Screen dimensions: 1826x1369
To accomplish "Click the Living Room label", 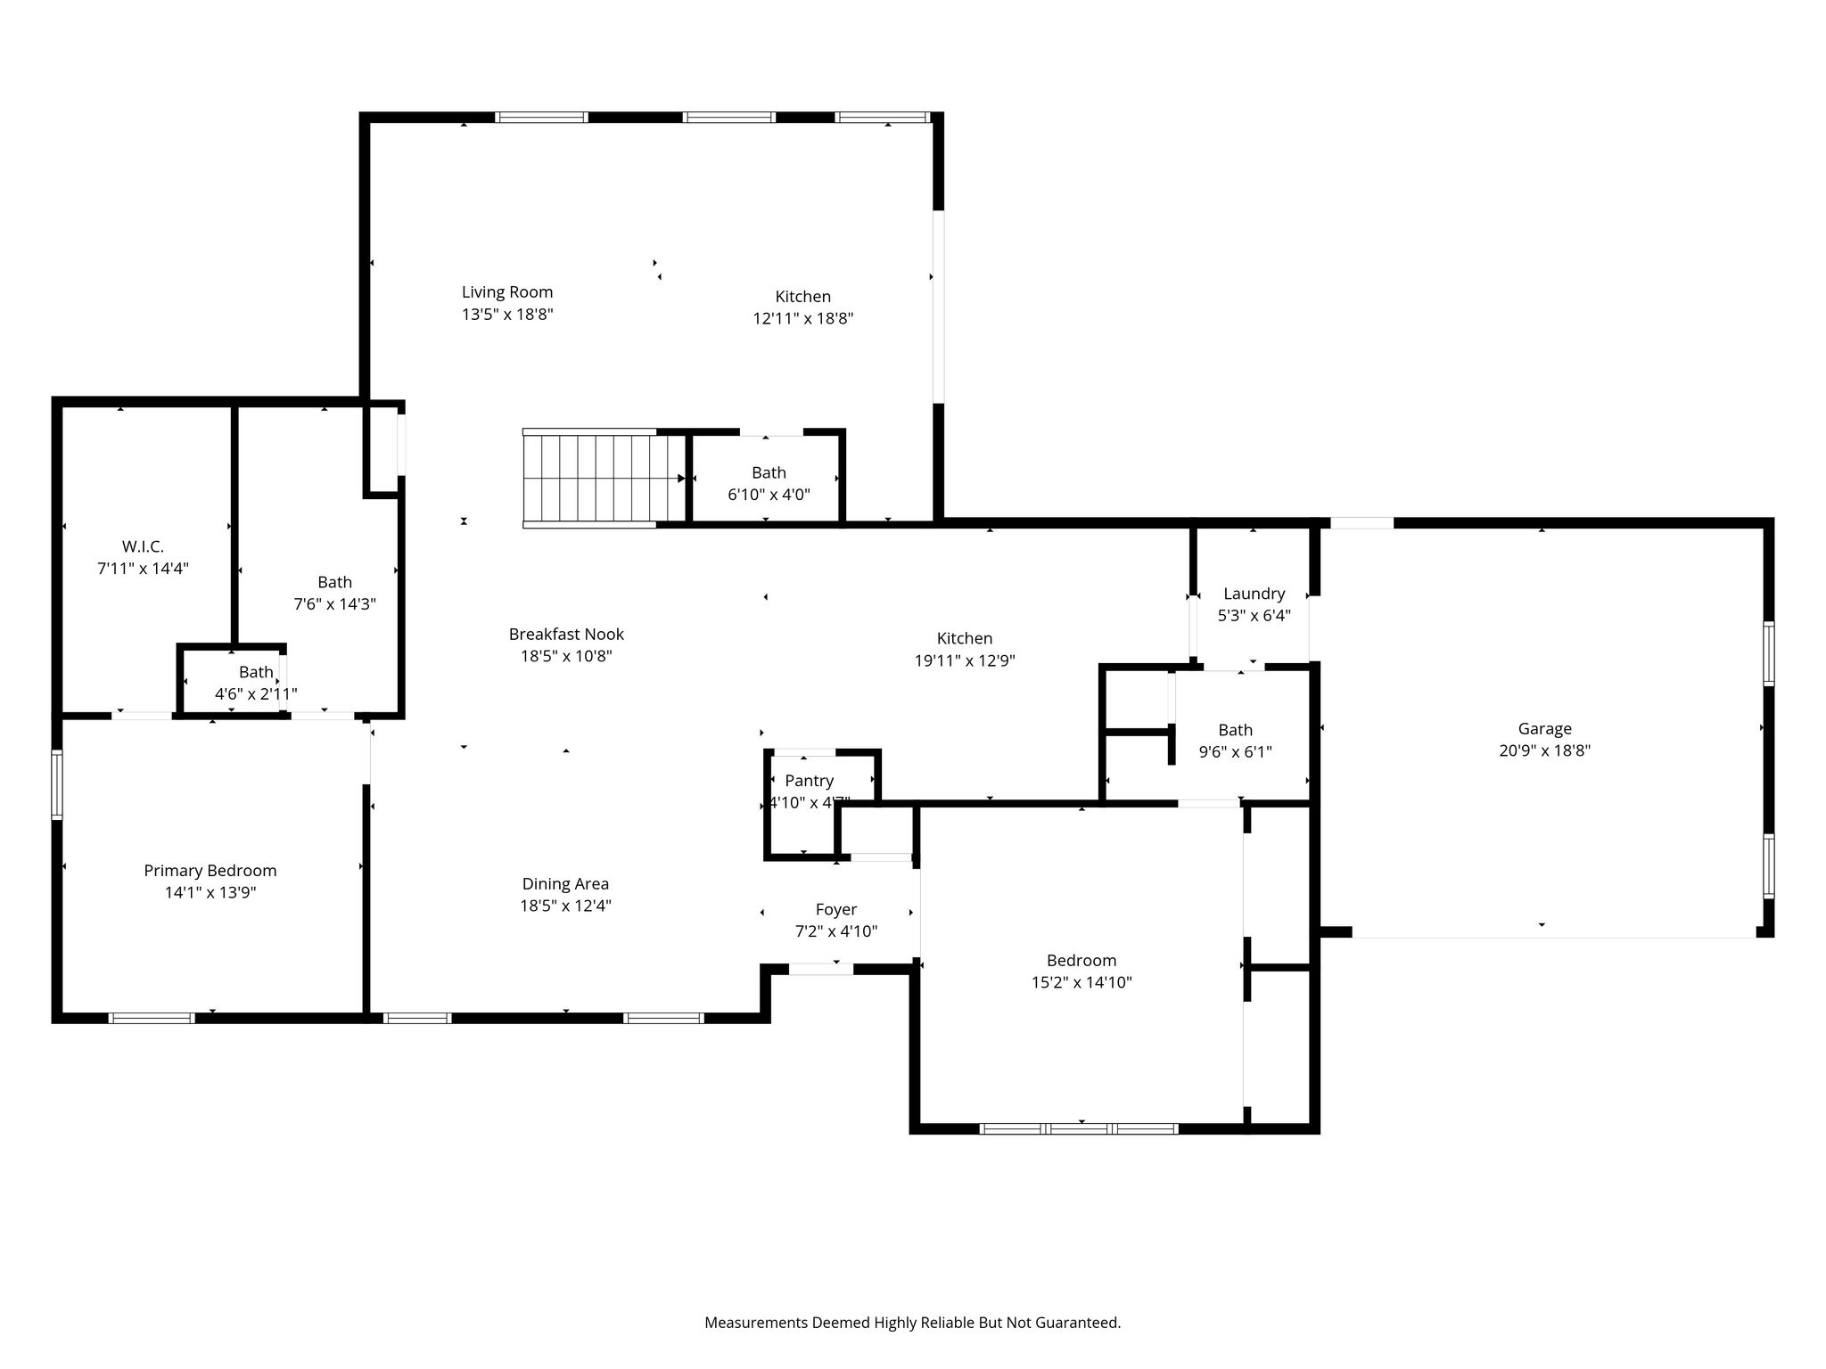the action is click(507, 292).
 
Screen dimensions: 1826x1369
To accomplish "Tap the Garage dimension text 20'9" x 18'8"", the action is click(1544, 750).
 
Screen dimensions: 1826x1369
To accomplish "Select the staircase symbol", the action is click(604, 479).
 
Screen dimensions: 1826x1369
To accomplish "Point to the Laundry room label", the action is click(1254, 594).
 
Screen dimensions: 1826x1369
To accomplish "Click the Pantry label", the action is click(809, 781).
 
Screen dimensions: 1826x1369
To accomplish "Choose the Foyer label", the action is click(836, 910).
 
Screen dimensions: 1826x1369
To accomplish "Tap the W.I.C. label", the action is click(143, 546).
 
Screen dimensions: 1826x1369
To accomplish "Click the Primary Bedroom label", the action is click(210, 871).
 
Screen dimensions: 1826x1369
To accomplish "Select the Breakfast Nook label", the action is click(566, 635).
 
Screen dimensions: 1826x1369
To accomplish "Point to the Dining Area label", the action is click(565, 884).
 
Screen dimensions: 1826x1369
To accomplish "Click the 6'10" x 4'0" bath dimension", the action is click(769, 495).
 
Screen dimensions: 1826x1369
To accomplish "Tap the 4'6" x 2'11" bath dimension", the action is click(256, 693).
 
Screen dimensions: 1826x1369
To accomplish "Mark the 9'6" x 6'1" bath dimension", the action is click(1235, 752).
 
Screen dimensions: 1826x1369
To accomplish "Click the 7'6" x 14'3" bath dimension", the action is click(335, 604).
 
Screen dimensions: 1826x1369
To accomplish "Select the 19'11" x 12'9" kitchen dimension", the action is click(965, 661).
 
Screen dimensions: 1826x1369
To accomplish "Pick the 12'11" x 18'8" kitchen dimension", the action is click(803, 319).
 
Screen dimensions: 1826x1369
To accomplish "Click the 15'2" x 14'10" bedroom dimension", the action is click(1082, 983).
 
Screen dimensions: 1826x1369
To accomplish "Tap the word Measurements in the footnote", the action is click(756, 1323).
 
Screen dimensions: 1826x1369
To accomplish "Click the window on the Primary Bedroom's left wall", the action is click(57, 784).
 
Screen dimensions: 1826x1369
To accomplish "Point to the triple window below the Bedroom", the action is click(1079, 1129).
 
